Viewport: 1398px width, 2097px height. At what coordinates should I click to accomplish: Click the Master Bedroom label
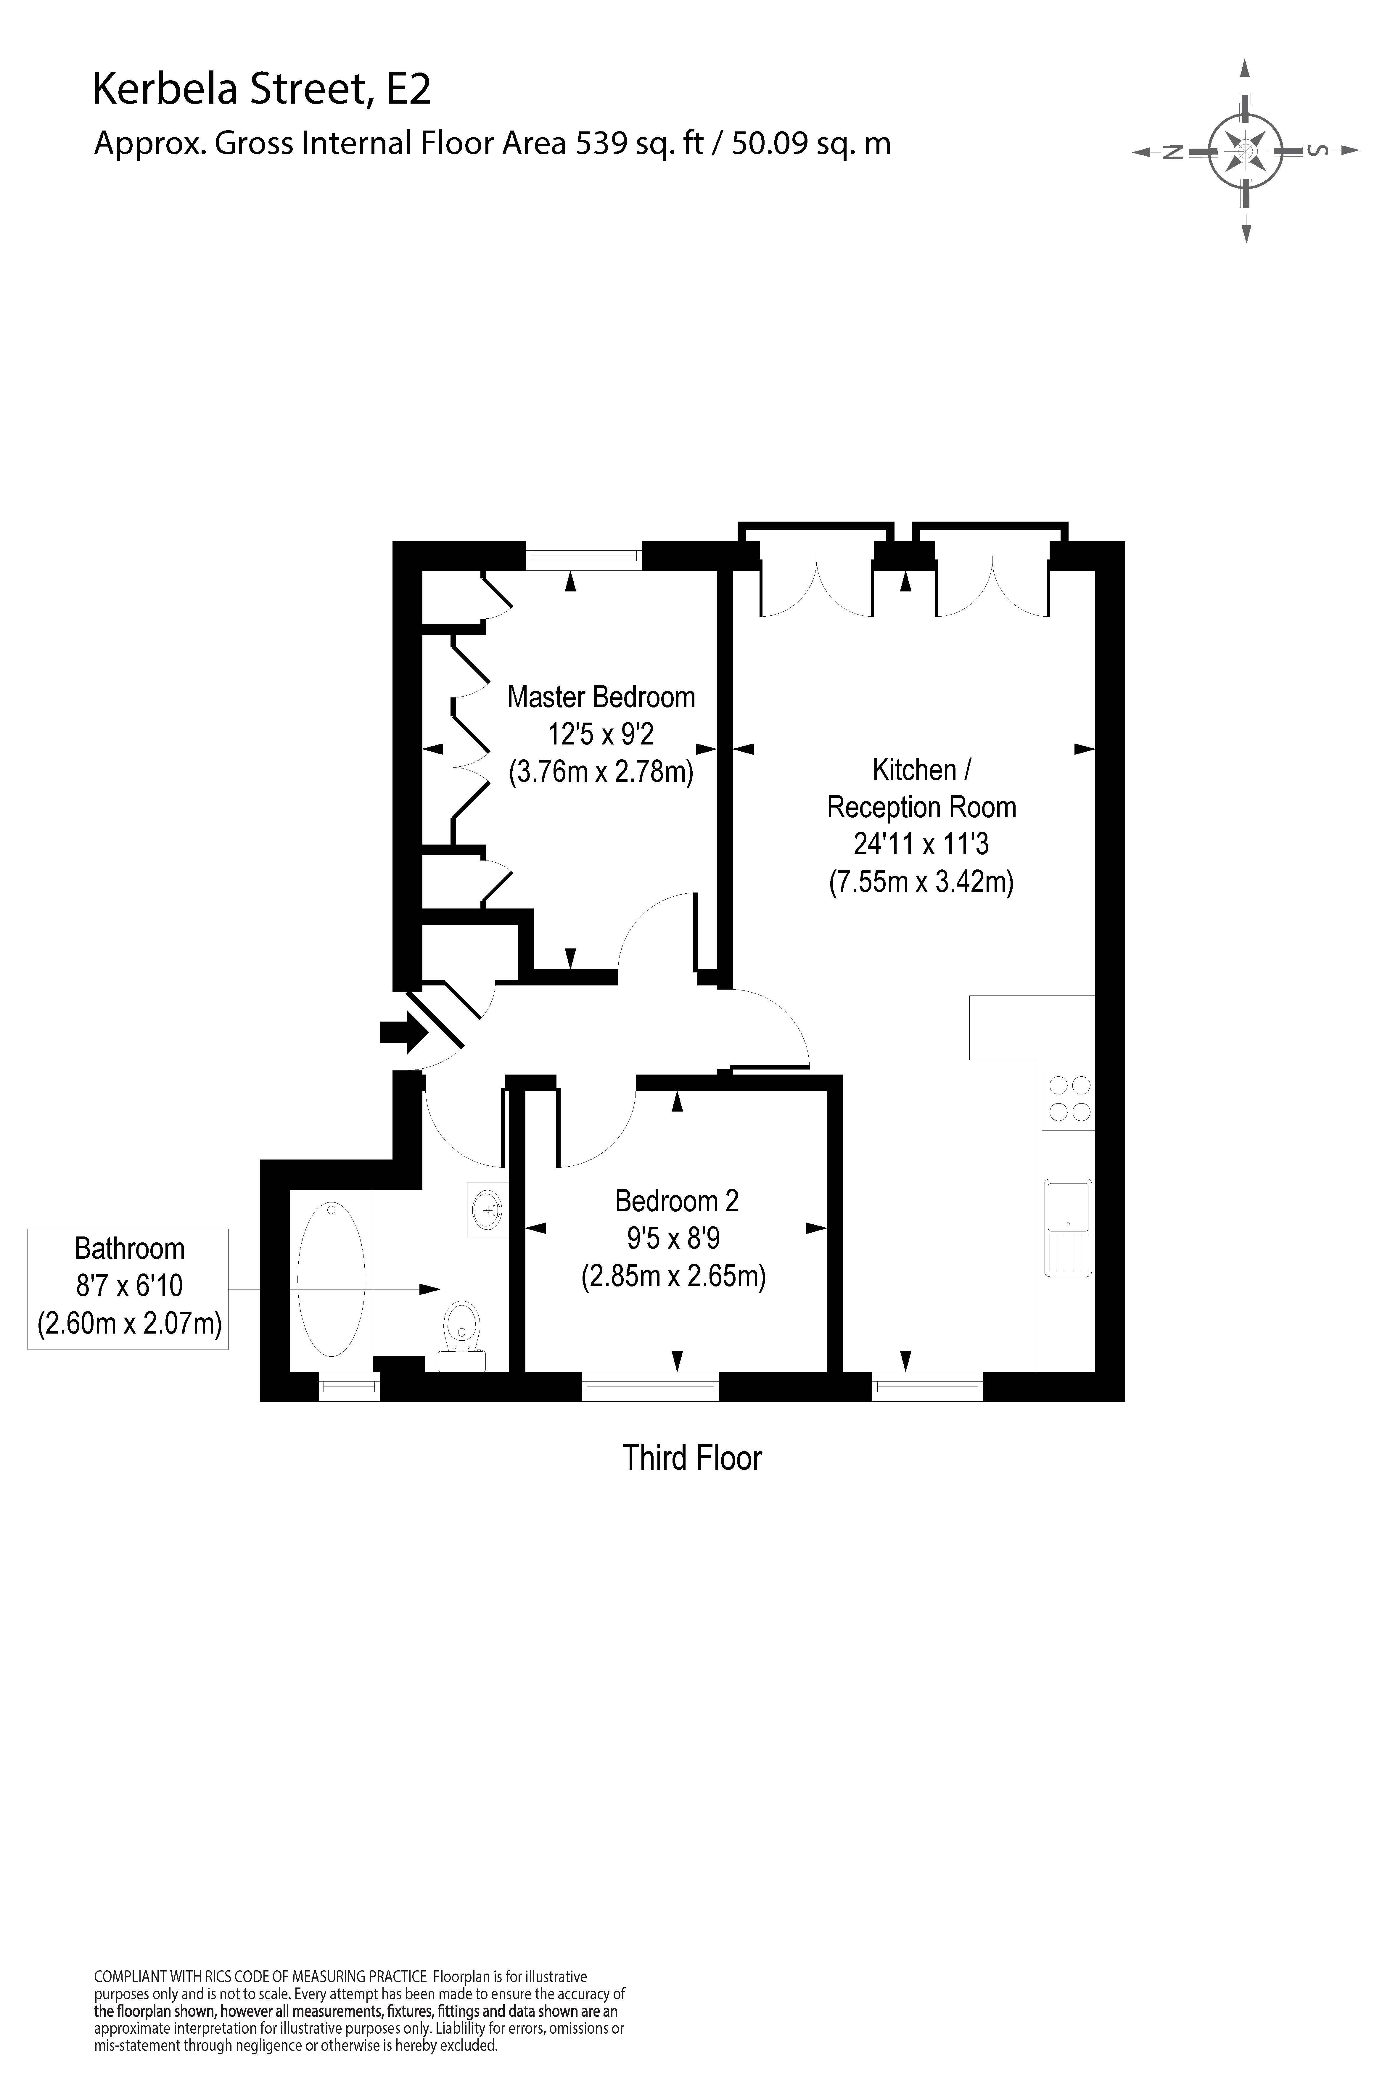(x=601, y=696)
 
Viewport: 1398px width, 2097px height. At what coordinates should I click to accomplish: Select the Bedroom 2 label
(x=677, y=1201)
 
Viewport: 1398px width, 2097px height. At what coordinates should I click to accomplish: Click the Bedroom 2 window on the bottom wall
(x=650, y=1387)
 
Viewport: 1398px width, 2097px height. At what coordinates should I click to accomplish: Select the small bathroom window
(x=349, y=1387)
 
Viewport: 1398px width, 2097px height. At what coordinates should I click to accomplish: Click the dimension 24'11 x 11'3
(x=921, y=843)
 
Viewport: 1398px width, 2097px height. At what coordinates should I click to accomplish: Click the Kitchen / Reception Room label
(x=921, y=788)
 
